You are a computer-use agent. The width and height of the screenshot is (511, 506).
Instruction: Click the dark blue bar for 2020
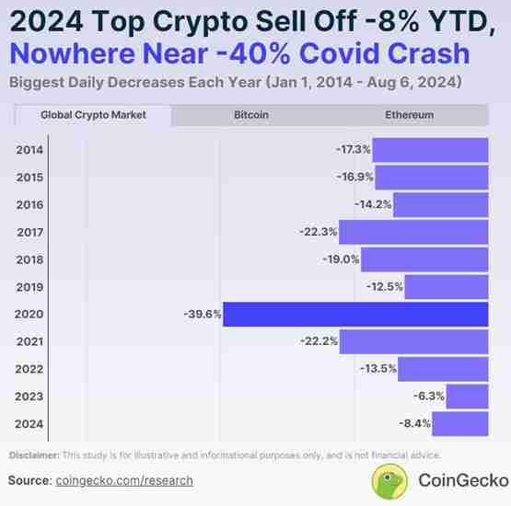355,314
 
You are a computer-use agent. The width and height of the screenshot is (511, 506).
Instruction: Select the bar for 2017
414,232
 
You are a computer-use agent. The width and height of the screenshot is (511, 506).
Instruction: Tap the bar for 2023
467,397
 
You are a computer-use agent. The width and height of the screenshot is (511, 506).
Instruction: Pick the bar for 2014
430,149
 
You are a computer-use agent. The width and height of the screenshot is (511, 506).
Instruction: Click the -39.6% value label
202,314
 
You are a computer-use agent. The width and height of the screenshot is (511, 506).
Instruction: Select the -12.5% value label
384,287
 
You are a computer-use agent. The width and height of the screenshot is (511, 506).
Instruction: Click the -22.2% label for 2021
319,341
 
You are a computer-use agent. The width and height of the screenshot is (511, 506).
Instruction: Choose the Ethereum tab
409,116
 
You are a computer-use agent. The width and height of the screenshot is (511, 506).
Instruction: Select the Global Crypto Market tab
92,116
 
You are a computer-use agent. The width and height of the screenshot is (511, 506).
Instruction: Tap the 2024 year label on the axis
29,424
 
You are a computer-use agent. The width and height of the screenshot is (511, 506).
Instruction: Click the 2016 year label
29,204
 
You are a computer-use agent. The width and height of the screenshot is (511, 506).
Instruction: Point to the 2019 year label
29,287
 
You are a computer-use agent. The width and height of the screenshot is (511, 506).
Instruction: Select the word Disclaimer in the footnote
33,455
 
